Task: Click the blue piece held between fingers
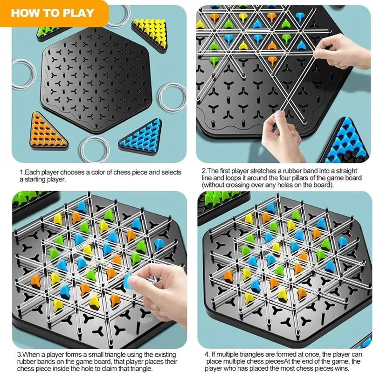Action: tap(128, 279)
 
